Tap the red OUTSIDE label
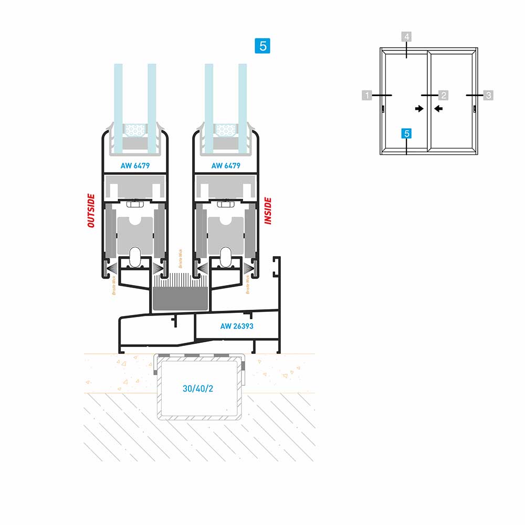tap(91, 211)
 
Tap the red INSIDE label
tap(268, 211)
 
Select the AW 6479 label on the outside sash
tap(135, 166)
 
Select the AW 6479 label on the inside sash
tap(226, 166)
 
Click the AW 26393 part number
tap(237, 326)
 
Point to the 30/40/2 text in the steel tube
tap(198, 389)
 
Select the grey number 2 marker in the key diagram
tap(443, 95)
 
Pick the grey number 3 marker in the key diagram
tap(488, 95)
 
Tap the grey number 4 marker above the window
tap(407, 37)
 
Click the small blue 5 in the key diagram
tap(407, 134)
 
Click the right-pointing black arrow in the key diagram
tap(419, 109)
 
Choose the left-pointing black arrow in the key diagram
tap(438, 109)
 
